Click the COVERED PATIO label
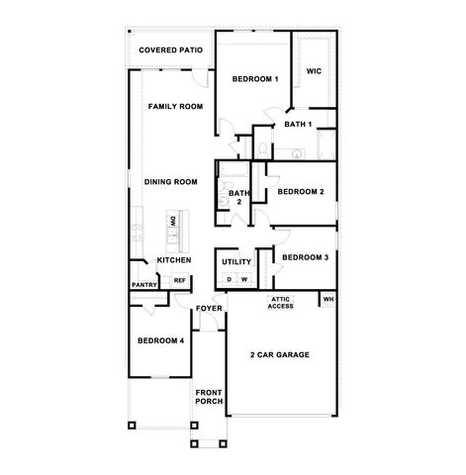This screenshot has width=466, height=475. pyautogui.click(x=171, y=48)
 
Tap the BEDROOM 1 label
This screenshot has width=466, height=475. pyautogui.click(x=255, y=78)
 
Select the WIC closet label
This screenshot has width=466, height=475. pyautogui.click(x=314, y=71)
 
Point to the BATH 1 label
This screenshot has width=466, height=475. pyautogui.click(x=298, y=125)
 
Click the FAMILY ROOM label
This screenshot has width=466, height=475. pyautogui.click(x=175, y=106)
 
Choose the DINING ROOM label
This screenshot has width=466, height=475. pyautogui.click(x=171, y=181)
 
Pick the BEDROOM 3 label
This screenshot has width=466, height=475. pyautogui.click(x=305, y=257)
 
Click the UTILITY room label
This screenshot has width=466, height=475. pyautogui.click(x=236, y=262)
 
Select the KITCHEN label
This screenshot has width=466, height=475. pyautogui.click(x=174, y=260)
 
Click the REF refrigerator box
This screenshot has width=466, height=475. pyautogui.click(x=180, y=280)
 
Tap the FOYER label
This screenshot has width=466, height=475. pyautogui.click(x=208, y=309)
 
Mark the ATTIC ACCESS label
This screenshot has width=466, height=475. pyautogui.click(x=281, y=304)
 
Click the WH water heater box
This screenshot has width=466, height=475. pyautogui.click(x=328, y=299)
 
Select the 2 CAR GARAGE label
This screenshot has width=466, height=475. pyautogui.click(x=280, y=353)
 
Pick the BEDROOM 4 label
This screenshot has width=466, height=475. pyautogui.click(x=160, y=340)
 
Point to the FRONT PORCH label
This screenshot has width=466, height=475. pyautogui.click(x=209, y=396)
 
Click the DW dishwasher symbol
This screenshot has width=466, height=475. pyautogui.click(x=172, y=221)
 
